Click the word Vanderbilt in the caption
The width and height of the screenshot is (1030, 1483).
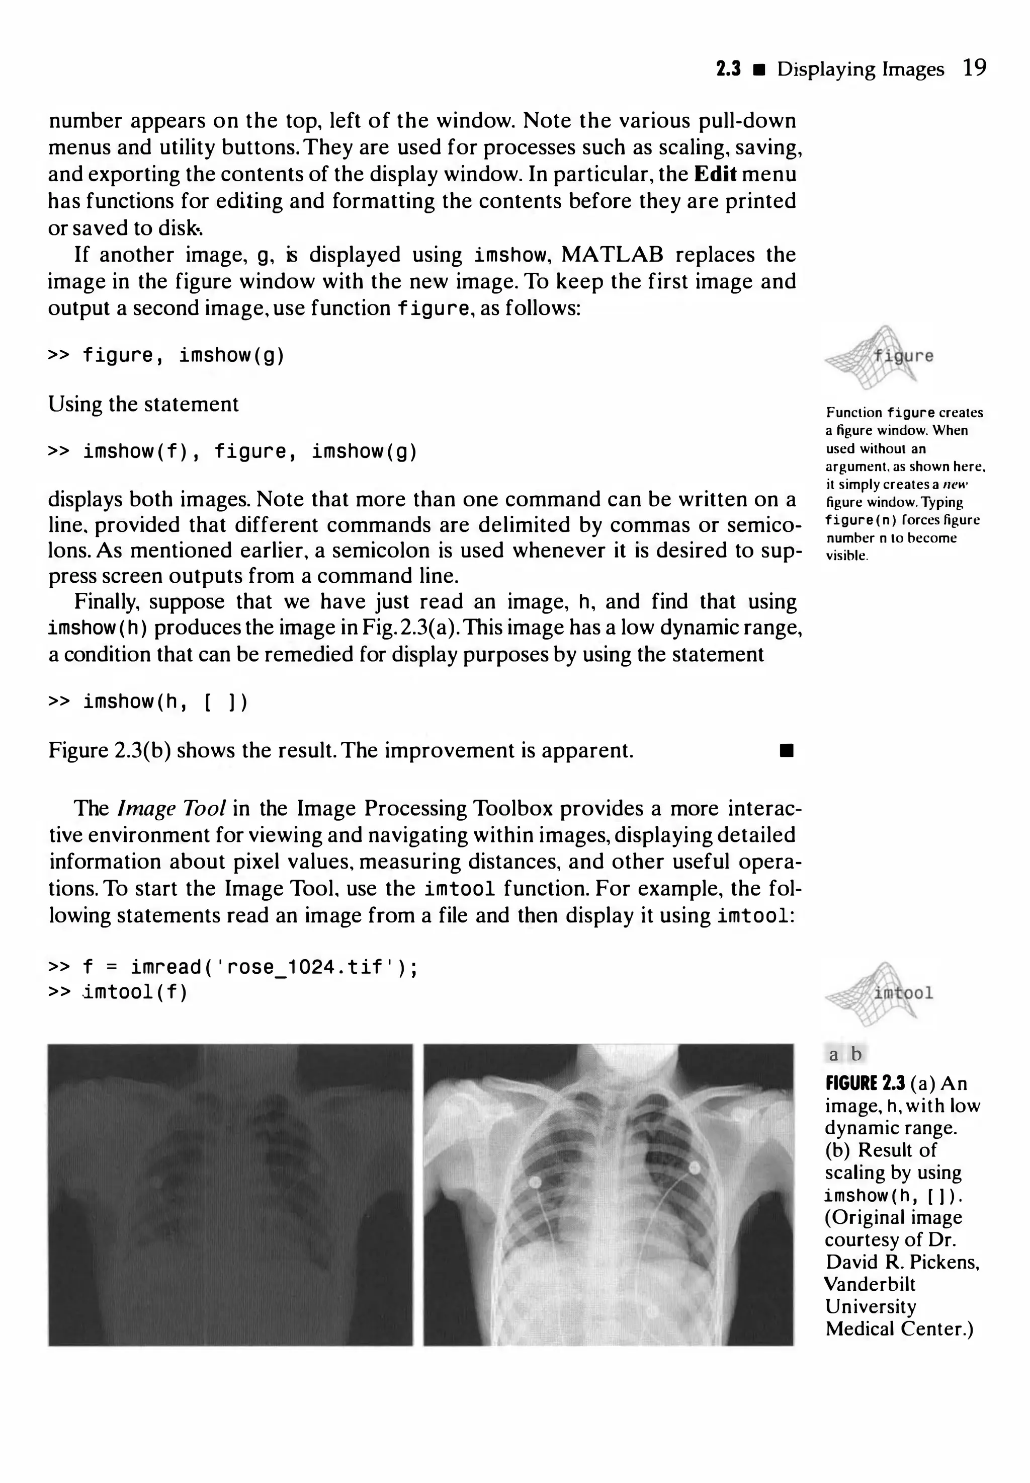(869, 1284)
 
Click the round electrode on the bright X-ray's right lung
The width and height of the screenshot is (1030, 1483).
(695, 1167)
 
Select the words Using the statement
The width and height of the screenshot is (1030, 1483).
(143, 404)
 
